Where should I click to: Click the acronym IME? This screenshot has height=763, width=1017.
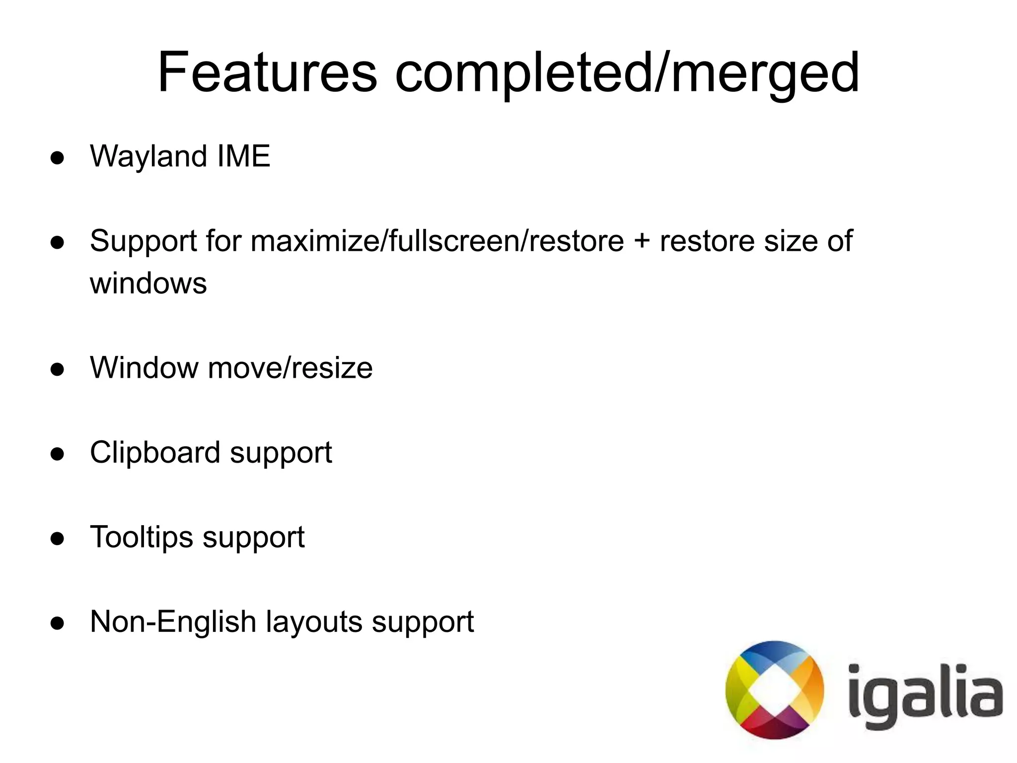point(244,156)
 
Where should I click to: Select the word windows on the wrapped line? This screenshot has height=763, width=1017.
point(148,283)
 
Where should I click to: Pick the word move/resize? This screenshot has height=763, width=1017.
point(290,368)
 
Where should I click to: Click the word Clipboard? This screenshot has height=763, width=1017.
point(155,453)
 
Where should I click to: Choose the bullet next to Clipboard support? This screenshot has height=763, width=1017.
point(58,454)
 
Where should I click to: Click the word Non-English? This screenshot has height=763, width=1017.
point(173,622)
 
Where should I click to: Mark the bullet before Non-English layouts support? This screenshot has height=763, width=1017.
point(58,624)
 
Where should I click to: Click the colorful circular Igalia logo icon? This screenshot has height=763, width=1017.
point(774,690)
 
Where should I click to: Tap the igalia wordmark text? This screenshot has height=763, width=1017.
point(924,695)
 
